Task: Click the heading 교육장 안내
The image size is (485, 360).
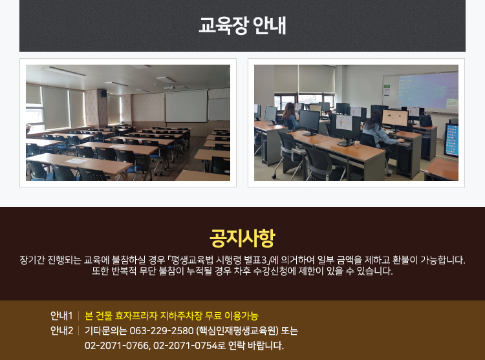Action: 242,25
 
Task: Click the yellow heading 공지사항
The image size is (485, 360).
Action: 242,238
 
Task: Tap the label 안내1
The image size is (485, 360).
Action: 61,316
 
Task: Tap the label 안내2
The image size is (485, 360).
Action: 61,331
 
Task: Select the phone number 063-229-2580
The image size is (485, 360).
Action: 162,331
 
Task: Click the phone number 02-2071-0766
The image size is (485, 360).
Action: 118,345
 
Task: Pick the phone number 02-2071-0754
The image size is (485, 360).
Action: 186,345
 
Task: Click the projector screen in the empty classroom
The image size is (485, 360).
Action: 186,106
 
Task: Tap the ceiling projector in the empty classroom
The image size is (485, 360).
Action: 169,87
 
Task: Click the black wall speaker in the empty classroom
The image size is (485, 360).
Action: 103,94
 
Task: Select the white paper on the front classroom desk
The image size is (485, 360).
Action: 76,161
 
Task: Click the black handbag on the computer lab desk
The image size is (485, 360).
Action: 426,120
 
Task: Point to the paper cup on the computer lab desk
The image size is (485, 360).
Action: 356,143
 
